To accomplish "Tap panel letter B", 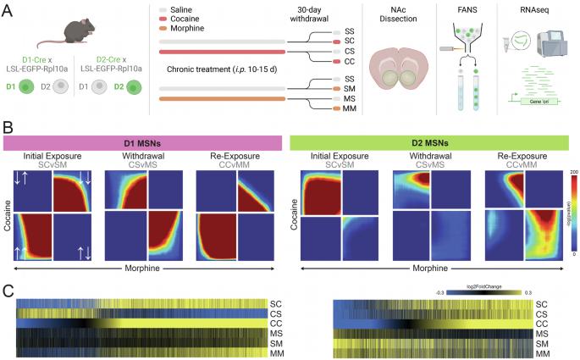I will tap(7, 130).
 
